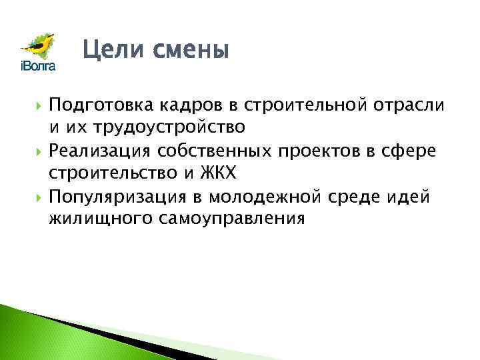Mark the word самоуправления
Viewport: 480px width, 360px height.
click(229, 220)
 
